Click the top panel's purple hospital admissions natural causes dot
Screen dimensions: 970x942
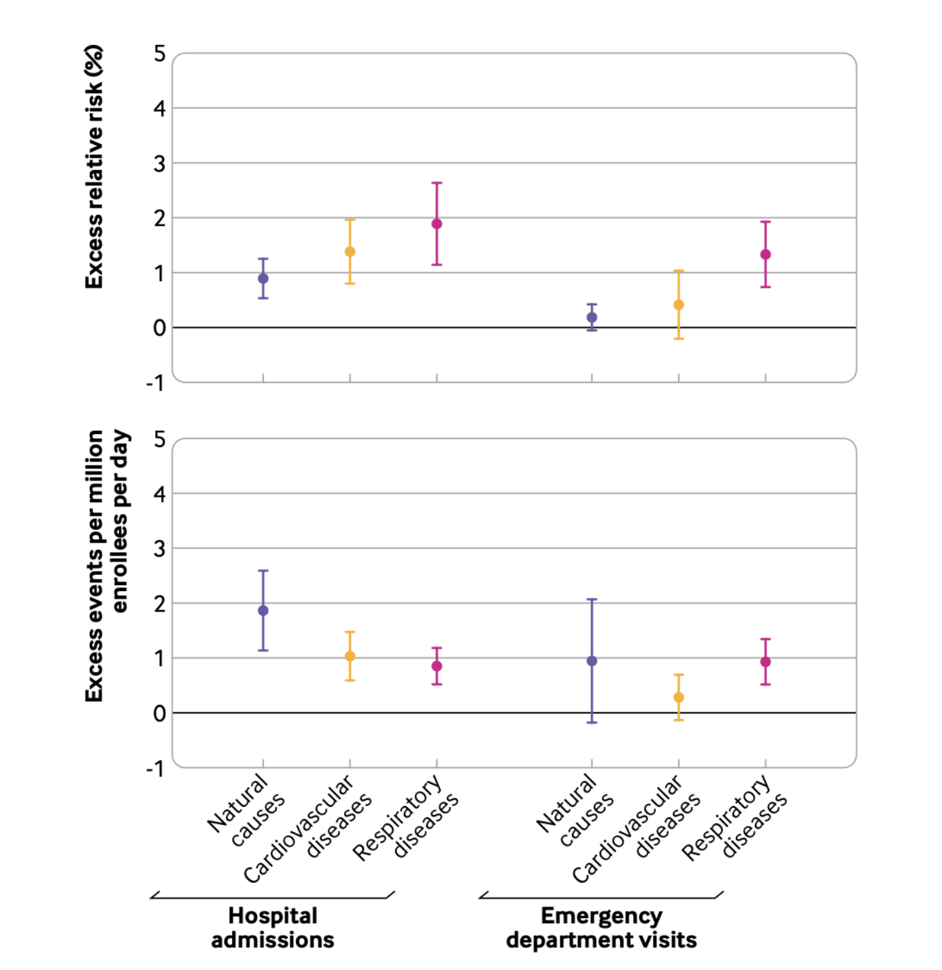point(263,278)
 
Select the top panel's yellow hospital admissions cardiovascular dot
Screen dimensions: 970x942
point(350,252)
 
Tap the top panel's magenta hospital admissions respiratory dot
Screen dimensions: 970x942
point(437,224)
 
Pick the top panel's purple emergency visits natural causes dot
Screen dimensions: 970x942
point(592,318)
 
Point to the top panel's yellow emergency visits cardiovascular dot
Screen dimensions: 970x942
point(679,305)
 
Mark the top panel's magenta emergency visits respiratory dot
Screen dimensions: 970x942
point(765,254)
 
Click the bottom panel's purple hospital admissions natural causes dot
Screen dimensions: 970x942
point(263,611)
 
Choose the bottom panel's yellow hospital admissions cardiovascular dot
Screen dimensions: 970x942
point(350,656)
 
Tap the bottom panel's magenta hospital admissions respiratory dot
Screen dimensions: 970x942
point(437,667)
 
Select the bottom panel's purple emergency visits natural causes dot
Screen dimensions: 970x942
point(592,661)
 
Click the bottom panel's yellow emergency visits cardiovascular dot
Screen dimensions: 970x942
point(679,698)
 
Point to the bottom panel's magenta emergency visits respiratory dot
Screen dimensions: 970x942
point(765,662)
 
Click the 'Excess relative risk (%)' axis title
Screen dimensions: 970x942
point(94,167)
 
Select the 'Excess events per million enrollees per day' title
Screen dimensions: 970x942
point(105,565)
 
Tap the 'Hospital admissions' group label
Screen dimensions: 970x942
point(273,928)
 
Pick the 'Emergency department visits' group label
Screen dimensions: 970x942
point(601,928)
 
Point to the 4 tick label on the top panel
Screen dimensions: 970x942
point(160,109)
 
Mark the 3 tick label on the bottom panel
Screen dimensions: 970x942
point(160,549)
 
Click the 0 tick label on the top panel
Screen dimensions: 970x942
point(160,329)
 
